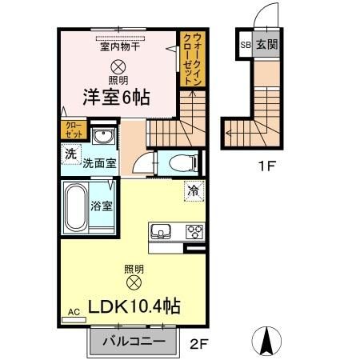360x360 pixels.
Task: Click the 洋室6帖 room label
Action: click(x=117, y=98)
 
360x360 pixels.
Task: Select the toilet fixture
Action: click(x=180, y=163)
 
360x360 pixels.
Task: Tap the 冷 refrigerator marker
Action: click(x=194, y=190)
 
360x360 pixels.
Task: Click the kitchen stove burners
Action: click(x=194, y=232)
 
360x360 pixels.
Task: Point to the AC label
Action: click(x=74, y=312)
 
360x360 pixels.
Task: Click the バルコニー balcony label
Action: click(x=134, y=342)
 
